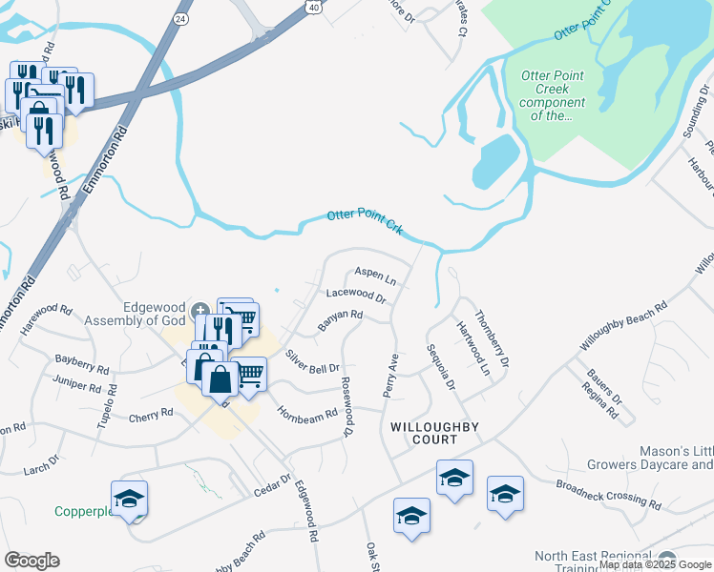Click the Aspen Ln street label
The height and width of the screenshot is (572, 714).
[x=375, y=276]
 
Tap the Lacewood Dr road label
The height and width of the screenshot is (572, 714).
[x=356, y=296]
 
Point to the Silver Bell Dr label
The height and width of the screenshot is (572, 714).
[x=313, y=361]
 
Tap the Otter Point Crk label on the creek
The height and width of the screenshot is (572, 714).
[x=367, y=218]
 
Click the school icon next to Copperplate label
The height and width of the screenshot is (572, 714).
[x=129, y=499]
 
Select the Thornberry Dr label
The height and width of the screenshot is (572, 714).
[x=493, y=339]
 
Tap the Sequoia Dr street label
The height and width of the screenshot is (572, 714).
[x=441, y=366]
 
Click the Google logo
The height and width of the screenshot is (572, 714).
[x=31, y=561]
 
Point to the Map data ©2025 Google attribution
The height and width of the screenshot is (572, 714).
[x=655, y=564]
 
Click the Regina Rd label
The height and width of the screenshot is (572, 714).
[x=598, y=400]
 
